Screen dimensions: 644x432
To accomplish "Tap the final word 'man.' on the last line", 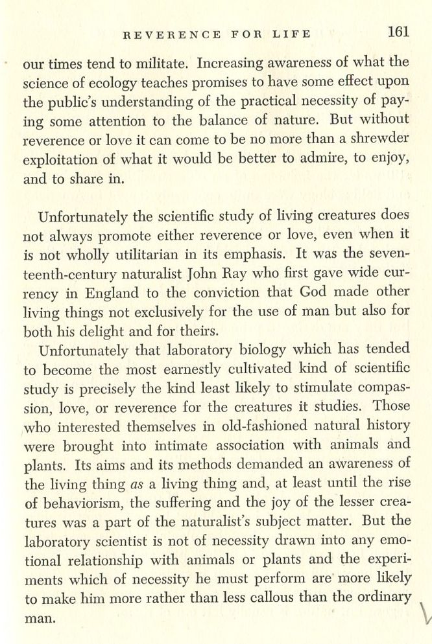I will coord(39,617).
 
